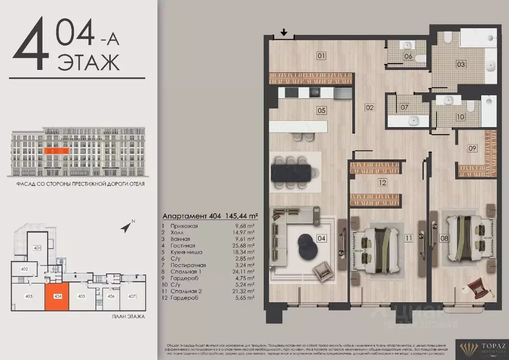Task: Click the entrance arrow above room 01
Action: coord(284,33)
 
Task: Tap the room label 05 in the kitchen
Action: coord(321,110)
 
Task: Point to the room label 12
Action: coord(382,182)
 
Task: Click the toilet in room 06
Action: coord(420,59)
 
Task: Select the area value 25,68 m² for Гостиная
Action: coord(244,246)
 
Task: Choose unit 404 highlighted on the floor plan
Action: coord(56,296)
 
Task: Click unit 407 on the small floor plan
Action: coord(132,297)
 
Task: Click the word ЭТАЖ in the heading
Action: coord(89,63)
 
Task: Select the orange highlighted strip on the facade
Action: coord(56,150)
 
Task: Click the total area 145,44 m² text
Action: coord(239,216)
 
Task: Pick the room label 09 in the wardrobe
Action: coord(472,148)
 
